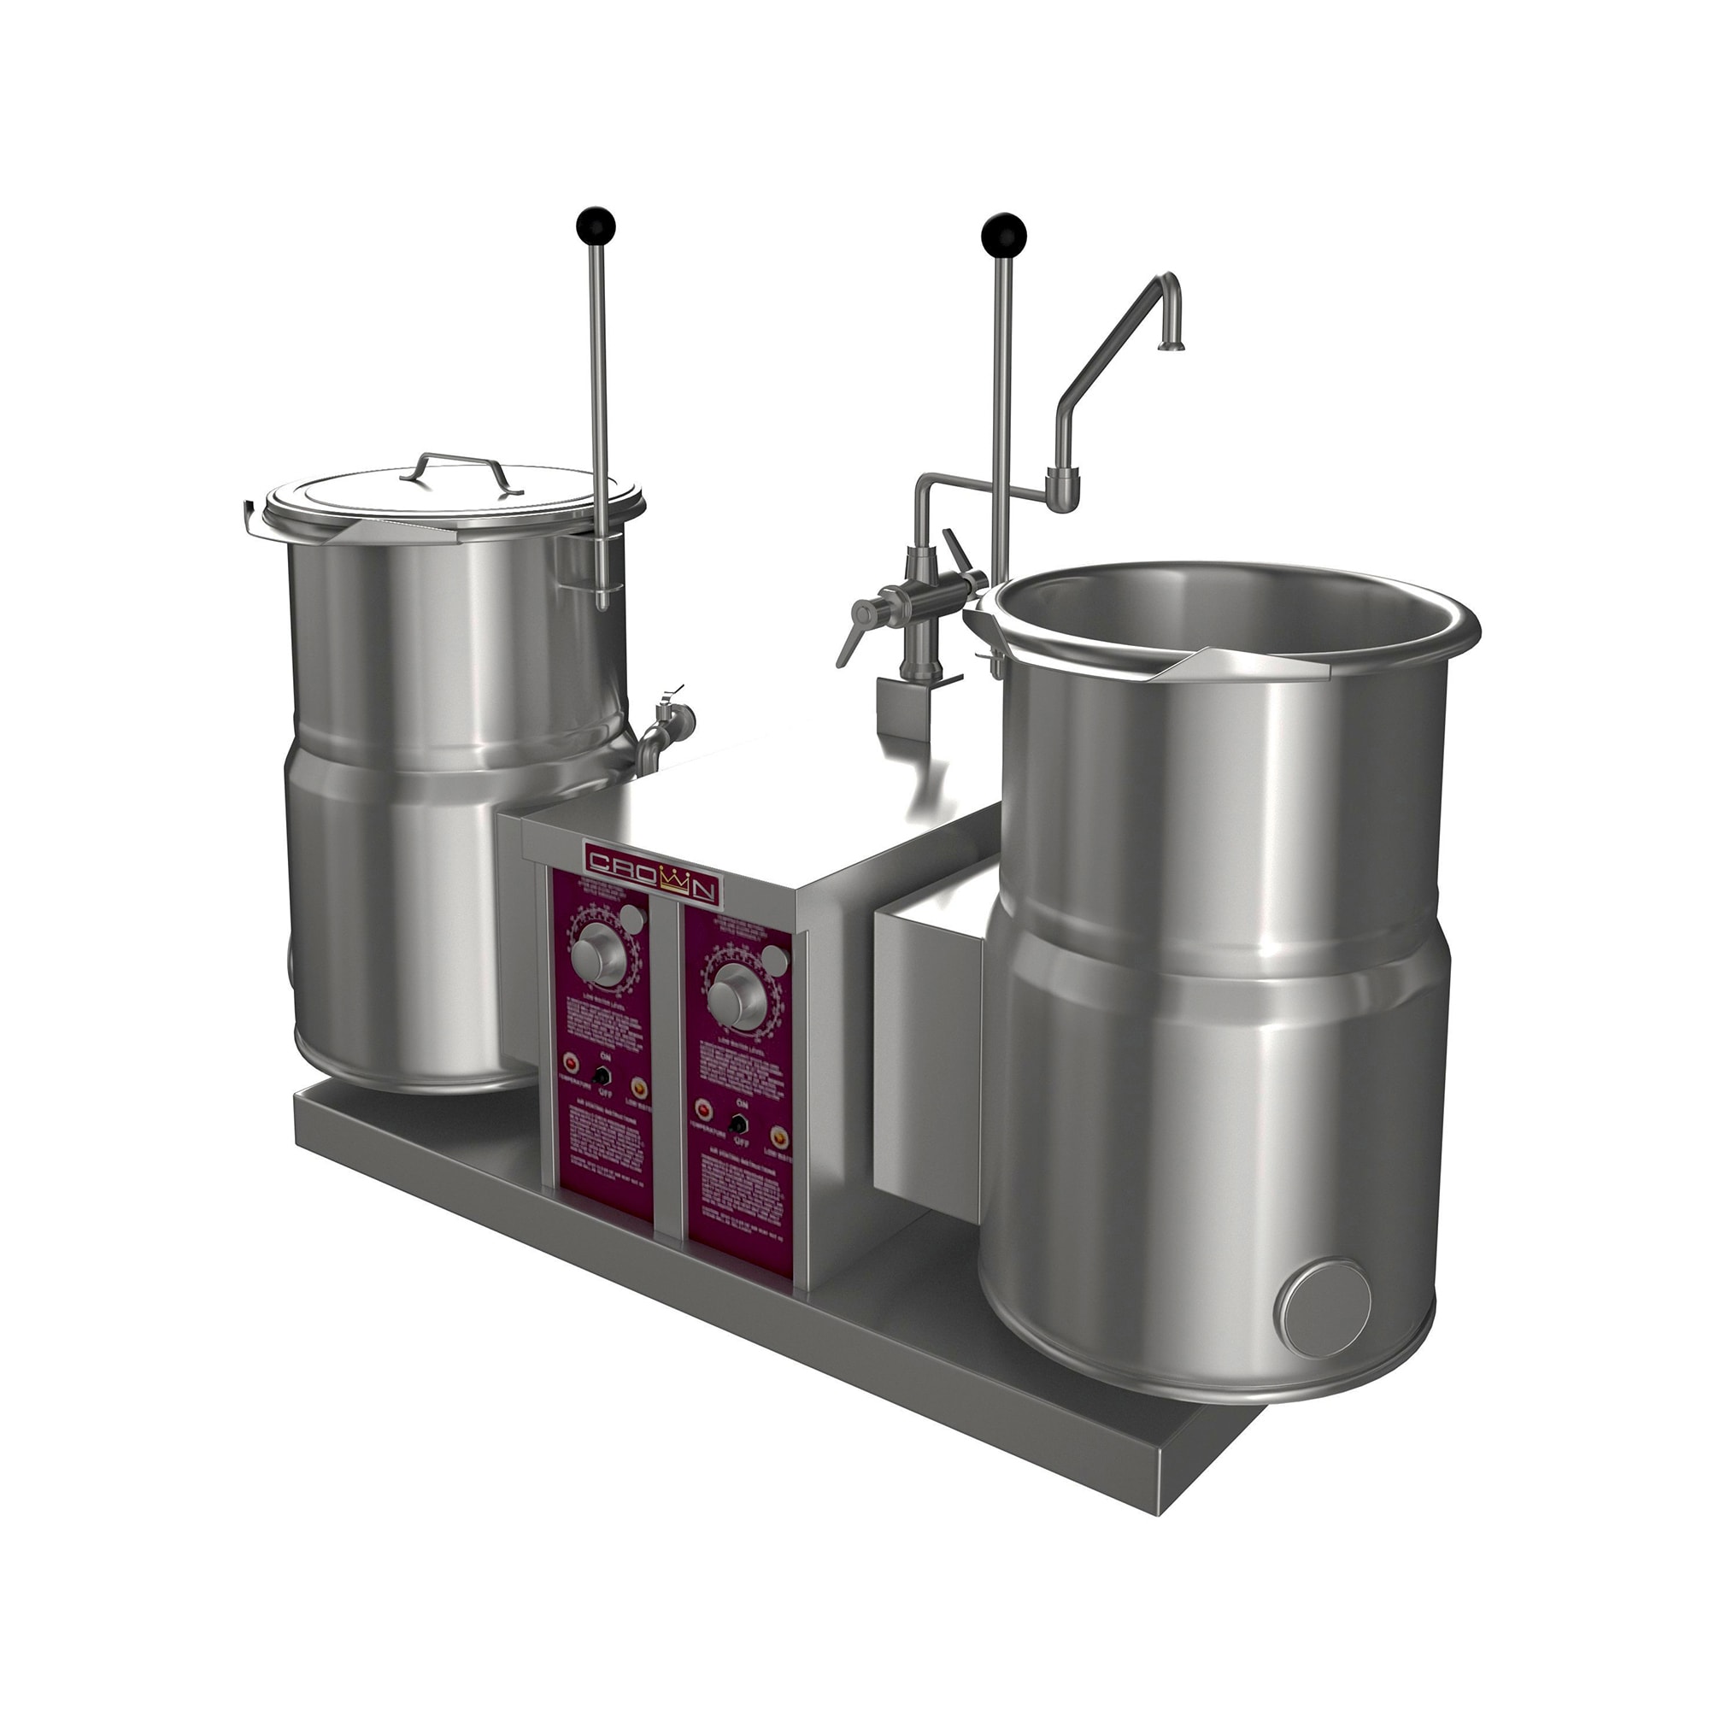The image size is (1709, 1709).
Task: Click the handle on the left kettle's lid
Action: (x=455, y=468)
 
